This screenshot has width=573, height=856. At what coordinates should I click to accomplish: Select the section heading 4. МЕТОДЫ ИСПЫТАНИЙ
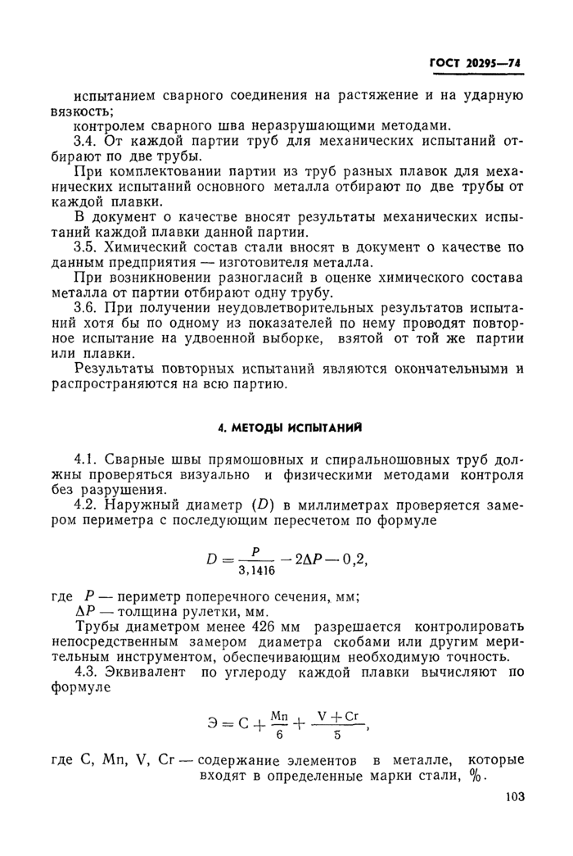click(289, 427)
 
